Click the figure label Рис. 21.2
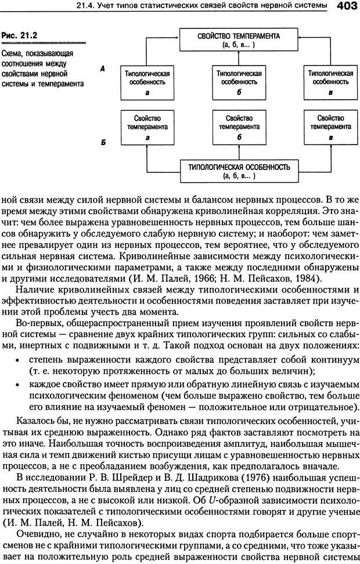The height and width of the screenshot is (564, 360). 19,35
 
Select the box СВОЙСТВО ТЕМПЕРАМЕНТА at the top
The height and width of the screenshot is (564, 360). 238,39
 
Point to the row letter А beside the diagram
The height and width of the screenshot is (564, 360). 102,68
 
